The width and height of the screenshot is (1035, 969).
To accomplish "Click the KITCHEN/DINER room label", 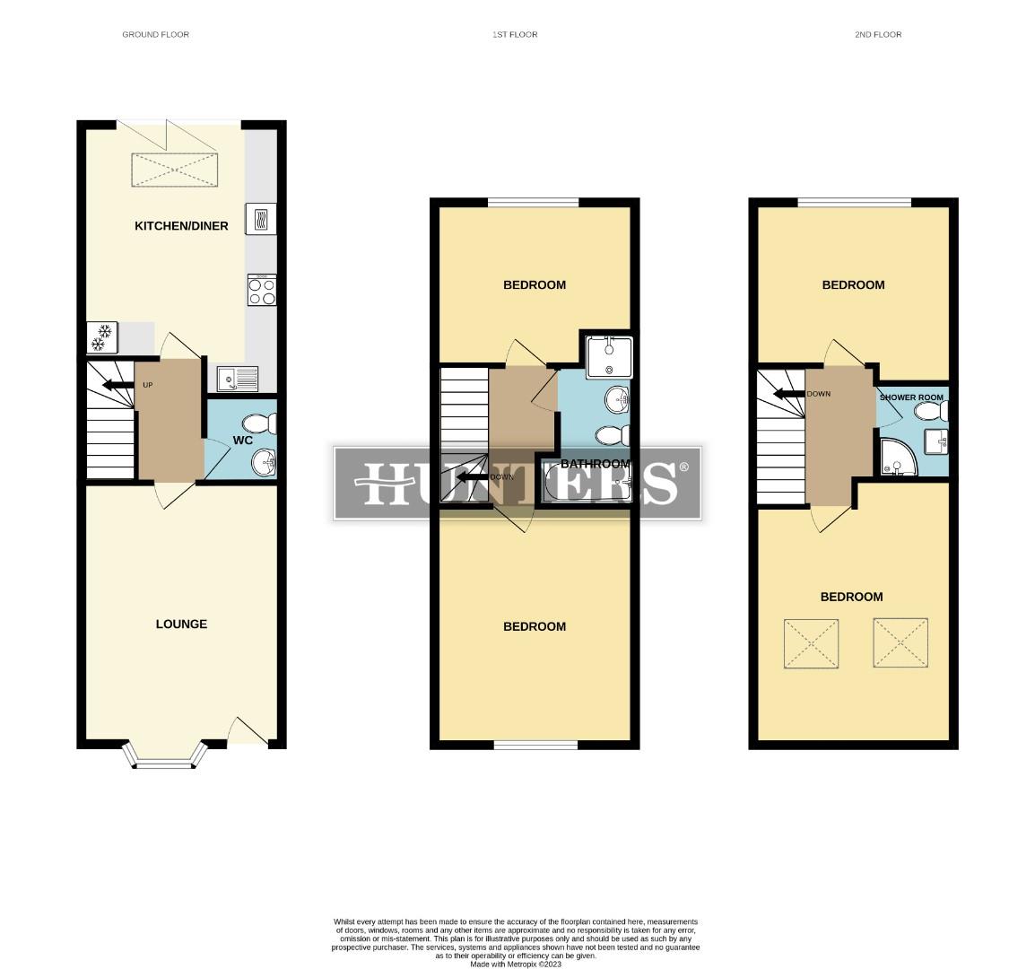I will [x=181, y=226].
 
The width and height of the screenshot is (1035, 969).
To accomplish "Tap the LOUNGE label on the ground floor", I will [x=181, y=624].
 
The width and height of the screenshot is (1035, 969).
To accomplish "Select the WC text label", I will [x=242, y=441].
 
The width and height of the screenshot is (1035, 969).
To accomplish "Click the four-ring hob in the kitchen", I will [x=262, y=291].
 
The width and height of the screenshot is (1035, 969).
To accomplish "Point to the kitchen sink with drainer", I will [x=237, y=380].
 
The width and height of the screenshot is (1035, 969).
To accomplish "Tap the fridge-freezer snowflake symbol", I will [x=100, y=337].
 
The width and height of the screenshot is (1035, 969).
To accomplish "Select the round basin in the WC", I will [x=263, y=463].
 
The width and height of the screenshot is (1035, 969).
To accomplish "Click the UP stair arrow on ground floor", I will [x=115, y=386].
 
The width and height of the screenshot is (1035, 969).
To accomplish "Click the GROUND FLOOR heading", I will [x=156, y=35].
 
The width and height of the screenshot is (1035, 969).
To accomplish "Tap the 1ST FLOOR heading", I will [x=515, y=35].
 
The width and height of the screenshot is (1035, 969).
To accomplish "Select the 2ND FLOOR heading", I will [x=878, y=35].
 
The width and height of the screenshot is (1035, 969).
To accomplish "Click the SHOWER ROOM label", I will [x=911, y=397].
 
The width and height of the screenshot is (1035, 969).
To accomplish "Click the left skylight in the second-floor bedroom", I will [x=811, y=643].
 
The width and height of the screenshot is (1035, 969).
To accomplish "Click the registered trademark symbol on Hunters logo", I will [x=684, y=467].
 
